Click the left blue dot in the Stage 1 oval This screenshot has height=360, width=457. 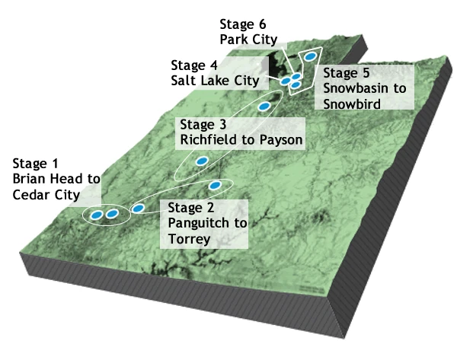point(96,215)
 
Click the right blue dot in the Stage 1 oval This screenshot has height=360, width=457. point(112,214)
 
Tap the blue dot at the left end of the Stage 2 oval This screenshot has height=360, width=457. point(139,208)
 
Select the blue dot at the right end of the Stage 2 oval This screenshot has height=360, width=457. point(215,185)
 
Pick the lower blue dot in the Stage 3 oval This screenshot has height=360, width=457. point(203,161)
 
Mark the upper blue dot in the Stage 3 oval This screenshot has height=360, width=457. point(264,107)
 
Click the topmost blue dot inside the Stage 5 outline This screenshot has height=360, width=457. point(310,56)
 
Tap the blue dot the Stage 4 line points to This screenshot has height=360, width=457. point(286,81)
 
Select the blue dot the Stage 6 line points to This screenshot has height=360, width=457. point(296,76)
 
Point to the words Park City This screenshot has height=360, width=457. point(248,40)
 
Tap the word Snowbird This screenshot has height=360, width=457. point(353,103)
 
